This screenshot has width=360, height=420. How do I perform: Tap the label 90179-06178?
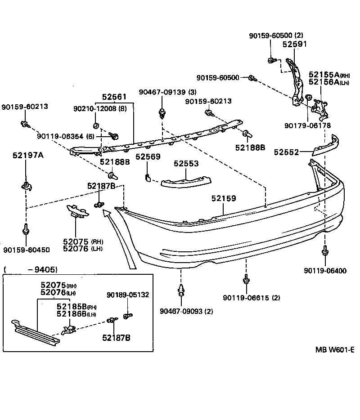click(x=307, y=125)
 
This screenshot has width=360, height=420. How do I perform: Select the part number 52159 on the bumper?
click(x=224, y=198)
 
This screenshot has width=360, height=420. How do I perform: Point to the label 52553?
click(x=186, y=164)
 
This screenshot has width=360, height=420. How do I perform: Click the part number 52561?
click(x=114, y=97)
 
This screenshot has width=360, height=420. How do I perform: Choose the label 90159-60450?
click(x=26, y=250)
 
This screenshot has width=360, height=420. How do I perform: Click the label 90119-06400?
click(x=325, y=271)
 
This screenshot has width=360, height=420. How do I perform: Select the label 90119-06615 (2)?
click(x=251, y=298)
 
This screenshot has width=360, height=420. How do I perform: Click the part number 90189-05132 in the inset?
click(x=128, y=295)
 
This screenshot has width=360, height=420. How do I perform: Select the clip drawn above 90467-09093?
click(x=181, y=290)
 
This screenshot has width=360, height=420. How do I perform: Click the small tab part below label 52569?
click(x=147, y=177)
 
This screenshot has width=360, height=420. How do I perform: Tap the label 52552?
click(x=287, y=152)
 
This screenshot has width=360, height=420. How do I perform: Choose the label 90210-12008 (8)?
click(x=100, y=108)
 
